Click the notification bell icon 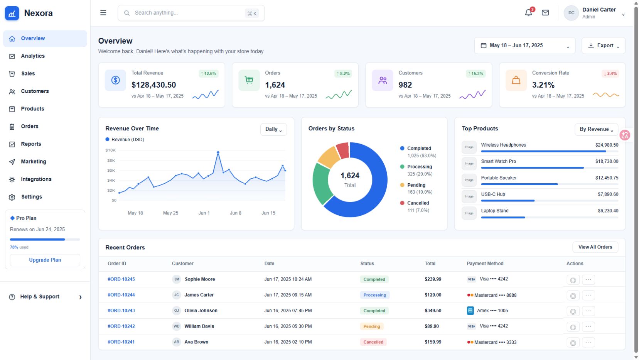click(528, 13)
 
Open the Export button click(604, 46)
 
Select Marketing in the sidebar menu click(34, 162)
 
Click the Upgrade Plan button click(45, 260)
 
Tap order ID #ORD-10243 click(121, 310)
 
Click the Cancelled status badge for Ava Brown click(373, 342)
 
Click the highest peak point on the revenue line click(218, 152)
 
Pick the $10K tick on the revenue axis click(110, 150)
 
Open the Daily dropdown click(273, 129)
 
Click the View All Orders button click(595, 247)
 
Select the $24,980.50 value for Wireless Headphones click(607, 145)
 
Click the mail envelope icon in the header click(545, 13)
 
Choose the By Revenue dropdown click(596, 129)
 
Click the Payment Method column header click(485, 264)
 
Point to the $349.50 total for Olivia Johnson click(433, 310)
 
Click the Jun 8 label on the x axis click(236, 213)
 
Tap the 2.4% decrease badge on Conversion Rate click(610, 74)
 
